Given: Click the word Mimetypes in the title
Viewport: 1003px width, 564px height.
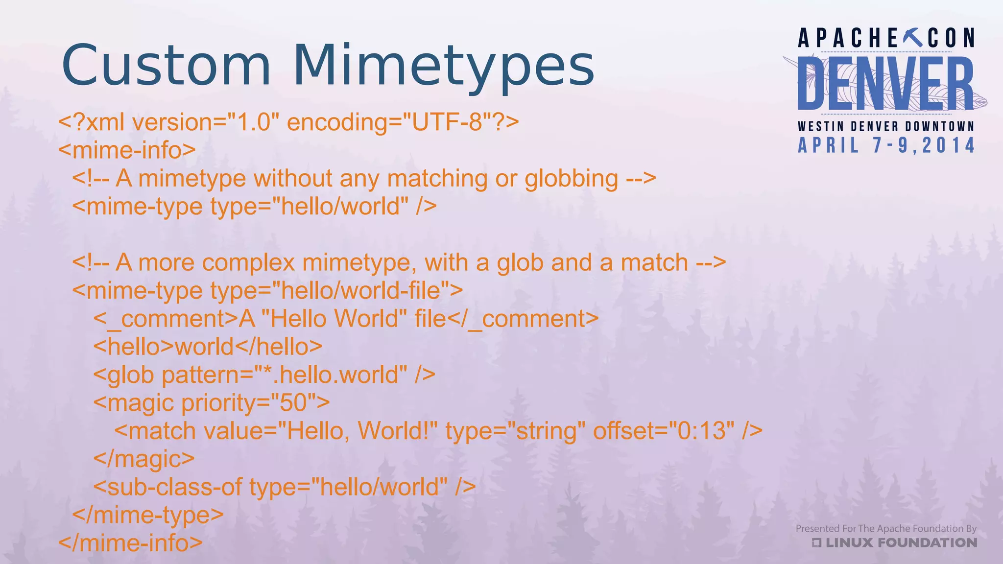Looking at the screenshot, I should click(444, 66).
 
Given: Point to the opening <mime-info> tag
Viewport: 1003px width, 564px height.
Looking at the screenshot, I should click(127, 150).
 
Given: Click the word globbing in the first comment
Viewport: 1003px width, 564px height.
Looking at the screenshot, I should click(571, 179).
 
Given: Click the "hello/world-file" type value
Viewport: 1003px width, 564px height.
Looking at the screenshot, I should click(360, 291).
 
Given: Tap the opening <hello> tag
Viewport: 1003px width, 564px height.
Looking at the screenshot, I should click(134, 347).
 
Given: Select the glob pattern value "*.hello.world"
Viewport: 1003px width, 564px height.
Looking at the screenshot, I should click(331, 375).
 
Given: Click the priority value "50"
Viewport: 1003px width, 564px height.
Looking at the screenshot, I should click(293, 403).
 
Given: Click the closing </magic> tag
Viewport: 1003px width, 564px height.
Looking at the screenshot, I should click(144, 459).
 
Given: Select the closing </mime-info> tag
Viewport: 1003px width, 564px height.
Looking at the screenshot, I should click(130, 543).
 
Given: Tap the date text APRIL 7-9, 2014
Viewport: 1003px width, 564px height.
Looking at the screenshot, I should click(886, 145).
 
